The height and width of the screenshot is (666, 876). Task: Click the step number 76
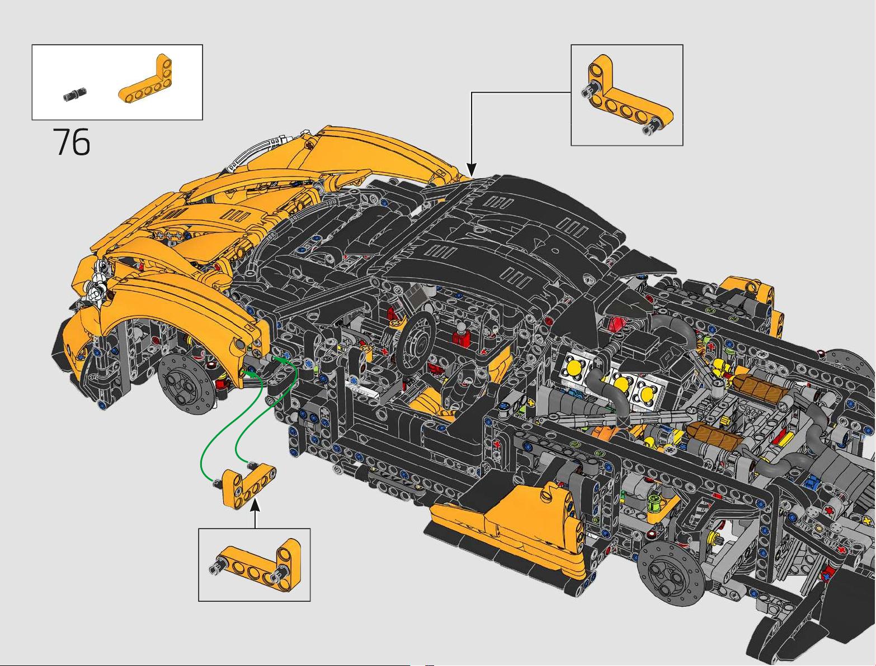72,142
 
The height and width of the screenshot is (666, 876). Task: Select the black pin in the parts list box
74,95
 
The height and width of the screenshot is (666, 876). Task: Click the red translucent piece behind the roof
617,324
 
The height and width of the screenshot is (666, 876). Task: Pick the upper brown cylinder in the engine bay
754,384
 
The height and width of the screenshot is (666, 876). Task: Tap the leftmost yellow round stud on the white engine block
575,367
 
